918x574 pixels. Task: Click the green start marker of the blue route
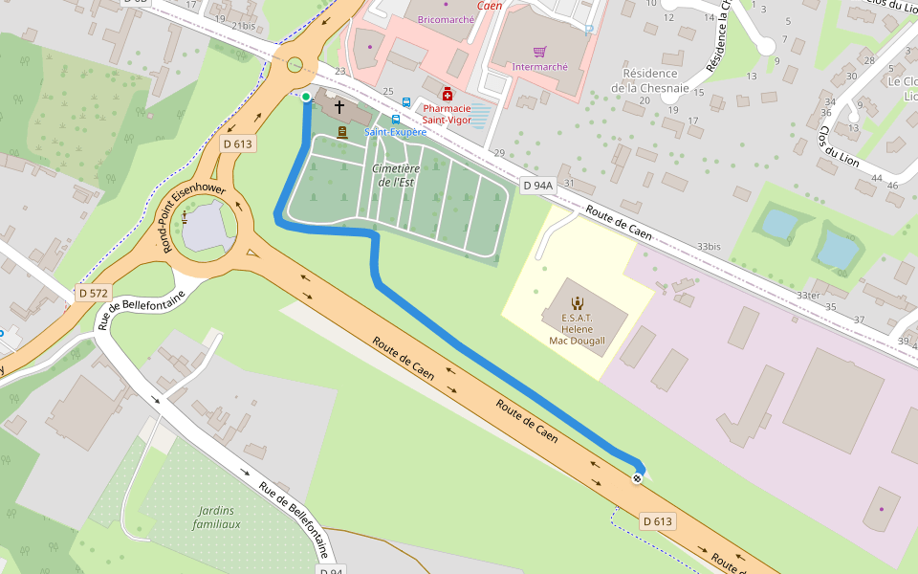pos(306,97)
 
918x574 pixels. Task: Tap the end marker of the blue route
pos(637,477)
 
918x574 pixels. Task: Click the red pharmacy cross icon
pos(448,94)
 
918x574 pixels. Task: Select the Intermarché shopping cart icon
pos(539,52)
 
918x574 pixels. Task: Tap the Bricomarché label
pos(445,19)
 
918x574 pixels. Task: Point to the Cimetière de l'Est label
pos(397,175)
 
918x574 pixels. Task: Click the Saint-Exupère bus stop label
pos(395,132)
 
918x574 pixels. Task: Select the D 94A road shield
pos(538,185)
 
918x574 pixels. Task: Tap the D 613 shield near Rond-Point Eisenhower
pos(237,143)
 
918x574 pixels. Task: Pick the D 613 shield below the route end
pos(658,521)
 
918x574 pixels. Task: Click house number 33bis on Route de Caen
pos(709,246)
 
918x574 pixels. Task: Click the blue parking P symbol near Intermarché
pos(589,30)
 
